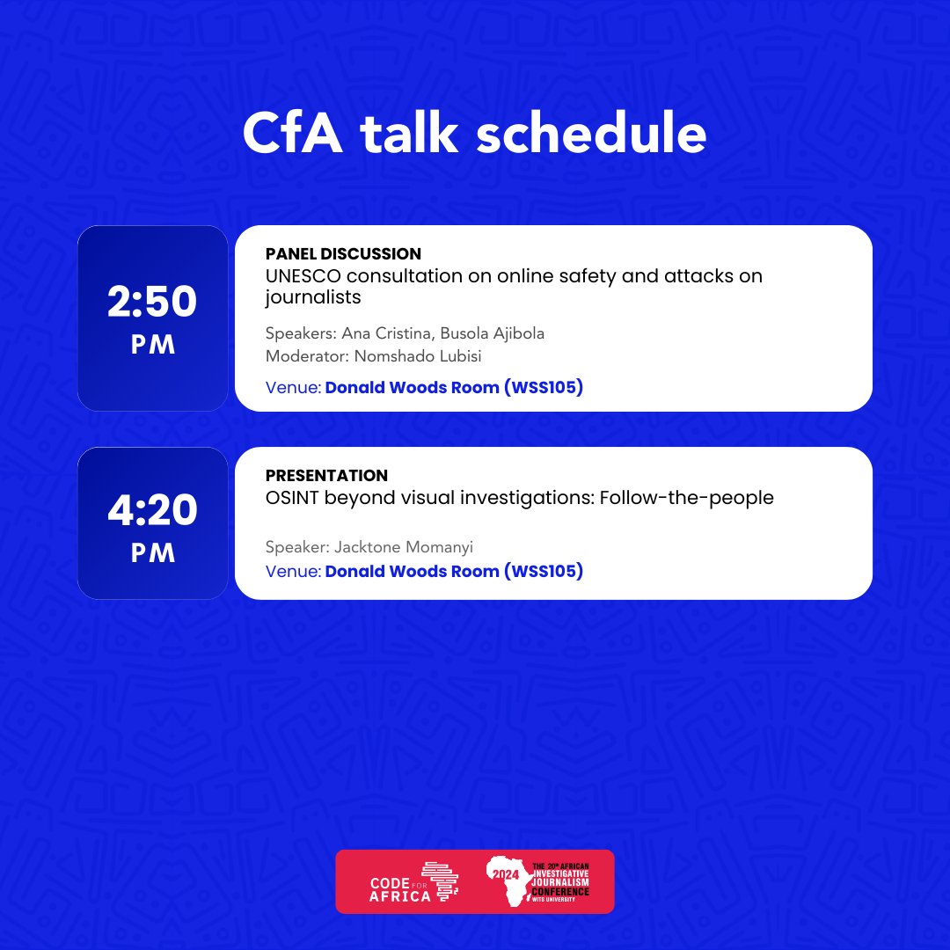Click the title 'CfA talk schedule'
pyautogui.click(x=474, y=134)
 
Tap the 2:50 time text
pyautogui.click(x=152, y=303)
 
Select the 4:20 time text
pyautogui.click(x=152, y=510)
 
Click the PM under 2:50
pyautogui.click(x=153, y=346)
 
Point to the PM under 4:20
pyautogui.click(x=153, y=553)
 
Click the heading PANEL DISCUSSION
pyautogui.click(x=343, y=254)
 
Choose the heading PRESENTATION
pyautogui.click(x=326, y=475)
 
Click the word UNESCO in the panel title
pyautogui.click(x=302, y=276)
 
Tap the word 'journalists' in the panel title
pyautogui.click(x=313, y=297)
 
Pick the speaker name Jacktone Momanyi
pyautogui.click(x=407, y=547)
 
